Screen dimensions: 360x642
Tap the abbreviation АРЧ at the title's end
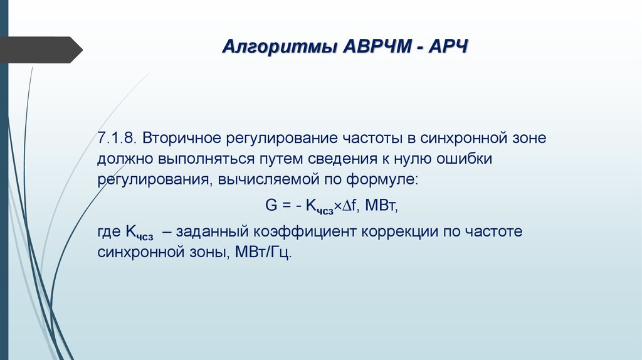tap(448, 48)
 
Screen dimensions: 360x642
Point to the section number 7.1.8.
tap(117, 137)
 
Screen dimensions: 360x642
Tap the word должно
tap(122, 158)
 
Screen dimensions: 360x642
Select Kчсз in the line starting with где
tap(139, 233)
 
